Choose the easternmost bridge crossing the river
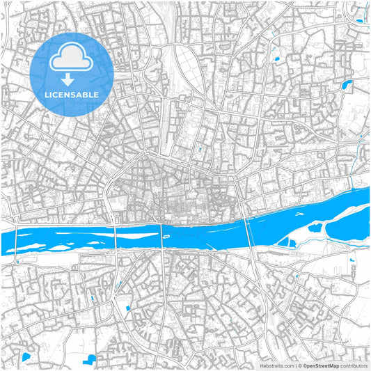(x=249, y=225)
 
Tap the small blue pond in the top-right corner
(x=359, y=20)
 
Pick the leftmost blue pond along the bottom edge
(x=26, y=357)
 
